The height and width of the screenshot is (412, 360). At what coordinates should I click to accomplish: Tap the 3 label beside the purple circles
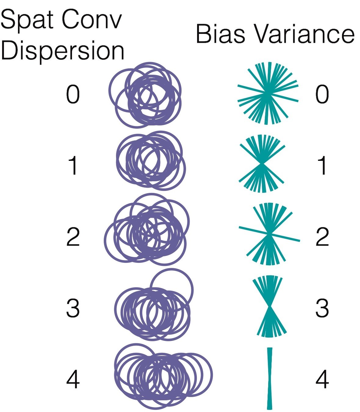(x=73, y=308)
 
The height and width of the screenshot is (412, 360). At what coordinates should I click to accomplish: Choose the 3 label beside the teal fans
(x=322, y=308)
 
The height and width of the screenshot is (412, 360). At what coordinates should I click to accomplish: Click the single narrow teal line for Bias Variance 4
(x=269, y=378)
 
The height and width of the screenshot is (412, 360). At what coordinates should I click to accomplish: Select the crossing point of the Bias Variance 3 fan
(x=270, y=306)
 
